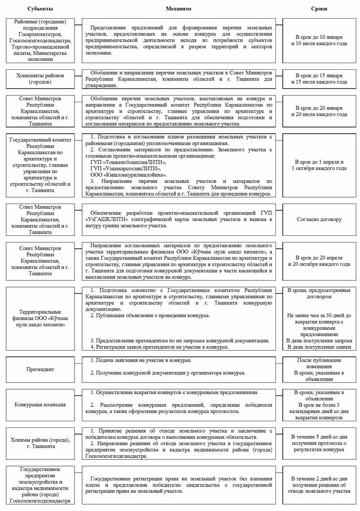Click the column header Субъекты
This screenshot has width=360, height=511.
[x=40, y=9]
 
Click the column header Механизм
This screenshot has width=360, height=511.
[x=179, y=9]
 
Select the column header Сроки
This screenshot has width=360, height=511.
[x=319, y=9]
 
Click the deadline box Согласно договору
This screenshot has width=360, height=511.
[x=319, y=220]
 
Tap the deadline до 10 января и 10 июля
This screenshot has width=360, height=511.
[x=319, y=40]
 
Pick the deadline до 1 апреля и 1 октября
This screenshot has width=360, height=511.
[x=319, y=165]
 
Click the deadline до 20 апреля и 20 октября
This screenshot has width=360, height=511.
[x=319, y=261]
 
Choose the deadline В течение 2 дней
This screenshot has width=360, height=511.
[x=319, y=484]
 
